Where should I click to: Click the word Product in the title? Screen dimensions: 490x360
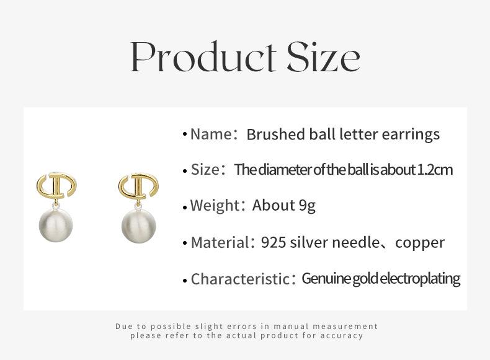click(x=203, y=56)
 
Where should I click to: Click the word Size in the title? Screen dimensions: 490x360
click(x=324, y=57)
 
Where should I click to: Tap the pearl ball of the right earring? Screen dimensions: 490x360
click(x=138, y=226)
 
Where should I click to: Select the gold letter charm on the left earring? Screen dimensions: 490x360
click(x=56, y=185)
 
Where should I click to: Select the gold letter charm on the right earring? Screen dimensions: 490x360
click(x=138, y=185)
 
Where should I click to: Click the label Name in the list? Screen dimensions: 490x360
click(x=210, y=134)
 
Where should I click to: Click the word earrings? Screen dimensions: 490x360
click(x=411, y=135)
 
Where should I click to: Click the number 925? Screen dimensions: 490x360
click(x=274, y=243)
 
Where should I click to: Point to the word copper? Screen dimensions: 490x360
click(x=420, y=244)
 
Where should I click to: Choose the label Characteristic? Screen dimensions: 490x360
click(x=240, y=279)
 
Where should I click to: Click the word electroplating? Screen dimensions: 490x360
click(x=420, y=279)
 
